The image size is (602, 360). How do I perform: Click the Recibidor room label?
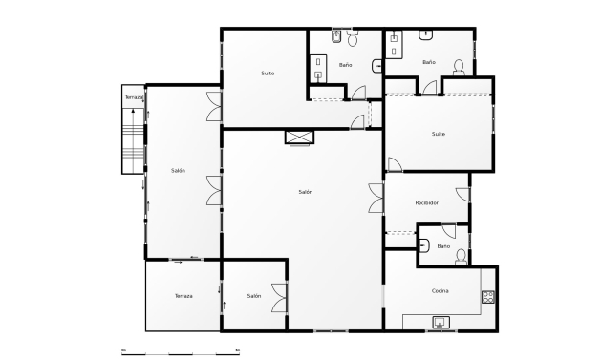coord(426,203)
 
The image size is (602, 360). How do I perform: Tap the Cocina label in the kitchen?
coord(440,290)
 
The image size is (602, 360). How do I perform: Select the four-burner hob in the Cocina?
coord(487,297)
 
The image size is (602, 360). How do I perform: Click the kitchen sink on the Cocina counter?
coord(440,322)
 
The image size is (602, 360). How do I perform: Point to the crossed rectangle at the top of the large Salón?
coord(299,137)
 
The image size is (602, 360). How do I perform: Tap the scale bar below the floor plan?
coord(181,351)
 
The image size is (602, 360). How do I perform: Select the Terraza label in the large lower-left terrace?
coord(183,296)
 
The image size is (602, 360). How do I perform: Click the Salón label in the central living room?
coord(305,192)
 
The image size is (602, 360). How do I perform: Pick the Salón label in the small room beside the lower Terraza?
coord(253,296)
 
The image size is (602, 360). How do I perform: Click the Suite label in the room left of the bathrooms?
coord(268,74)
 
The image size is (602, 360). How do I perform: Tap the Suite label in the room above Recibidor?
coord(438,134)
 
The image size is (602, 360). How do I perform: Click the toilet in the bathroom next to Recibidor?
coord(461,255)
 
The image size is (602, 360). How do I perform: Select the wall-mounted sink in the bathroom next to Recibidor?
coord(423,244)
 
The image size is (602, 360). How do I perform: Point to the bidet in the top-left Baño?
coord(337,38)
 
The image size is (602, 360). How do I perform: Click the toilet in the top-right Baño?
coord(458,67)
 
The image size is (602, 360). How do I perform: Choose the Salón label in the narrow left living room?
coord(178,171)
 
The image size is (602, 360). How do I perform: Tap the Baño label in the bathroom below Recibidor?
coord(442,246)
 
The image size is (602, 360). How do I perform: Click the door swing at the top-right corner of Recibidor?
coord(463,194)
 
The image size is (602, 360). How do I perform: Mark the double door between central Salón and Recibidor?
coord(376,198)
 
